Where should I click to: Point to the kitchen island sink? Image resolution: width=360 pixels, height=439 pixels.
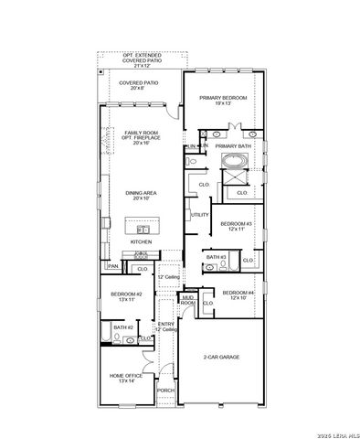coord(143,228)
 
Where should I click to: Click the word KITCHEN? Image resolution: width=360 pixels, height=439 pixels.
coord(141,241)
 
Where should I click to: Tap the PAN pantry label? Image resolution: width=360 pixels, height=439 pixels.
coord(112,266)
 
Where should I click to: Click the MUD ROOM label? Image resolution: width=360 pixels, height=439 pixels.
coord(187,299)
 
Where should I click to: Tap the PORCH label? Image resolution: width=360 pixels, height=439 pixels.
coord(165,391)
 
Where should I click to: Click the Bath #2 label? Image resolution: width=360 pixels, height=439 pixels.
coord(123,327)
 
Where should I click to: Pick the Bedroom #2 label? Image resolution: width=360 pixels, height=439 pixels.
coord(123,296)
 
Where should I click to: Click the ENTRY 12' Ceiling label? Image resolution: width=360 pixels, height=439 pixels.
coord(165,327)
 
